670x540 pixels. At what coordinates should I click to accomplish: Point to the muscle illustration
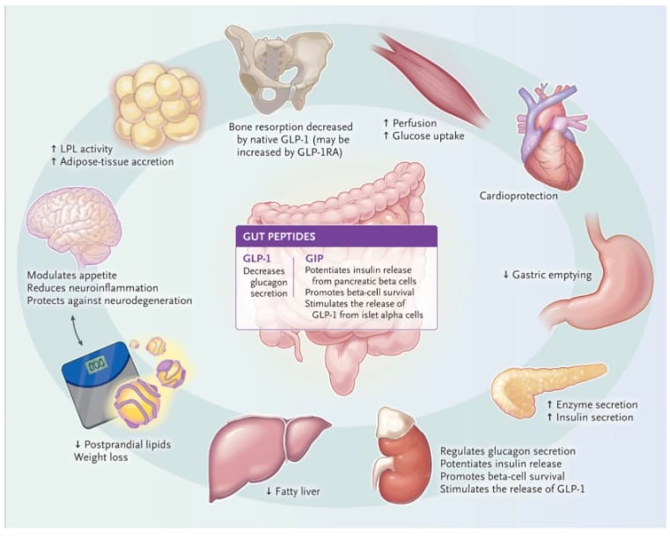[x=431, y=75]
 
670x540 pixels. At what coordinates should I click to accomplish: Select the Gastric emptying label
[x=546, y=275]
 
